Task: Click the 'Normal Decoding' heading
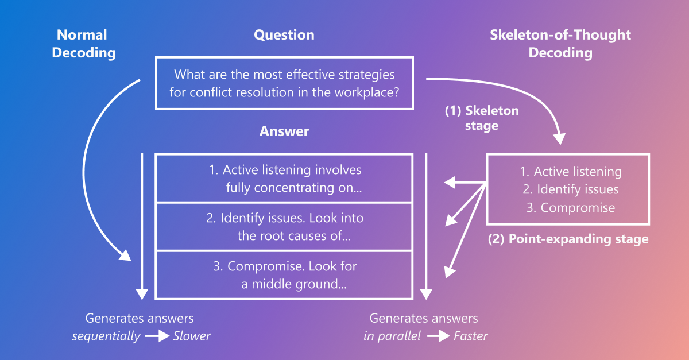coord(84,44)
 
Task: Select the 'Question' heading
coord(284,35)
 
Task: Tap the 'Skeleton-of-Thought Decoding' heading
coord(560,44)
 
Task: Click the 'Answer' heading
coord(284,131)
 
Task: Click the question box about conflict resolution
coord(284,83)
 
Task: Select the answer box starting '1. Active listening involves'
coord(284,179)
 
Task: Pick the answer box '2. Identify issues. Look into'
coord(284,227)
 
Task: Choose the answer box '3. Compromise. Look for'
coord(284,275)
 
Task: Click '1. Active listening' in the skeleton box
coord(570,172)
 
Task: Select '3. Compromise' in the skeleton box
coord(570,208)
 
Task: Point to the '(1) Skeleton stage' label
coord(482,118)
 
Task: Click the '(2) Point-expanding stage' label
coord(568,239)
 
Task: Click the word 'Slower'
coord(192,336)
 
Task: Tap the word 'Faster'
coord(470,336)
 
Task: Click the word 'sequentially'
coord(106,336)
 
